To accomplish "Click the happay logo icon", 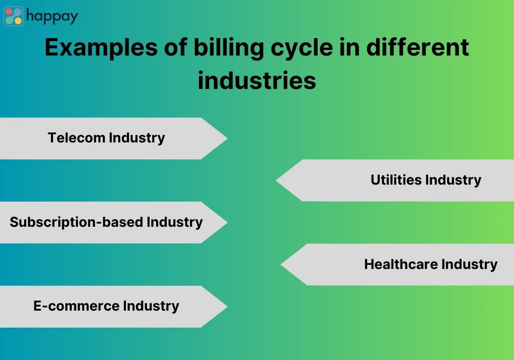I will pyautogui.click(x=14, y=16).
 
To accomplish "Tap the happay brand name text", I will pyautogui.click(x=52, y=16).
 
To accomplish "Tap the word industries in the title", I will pyautogui.click(x=257, y=81).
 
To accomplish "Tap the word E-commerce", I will pyautogui.click(x=70, y=306).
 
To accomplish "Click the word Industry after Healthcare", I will pyautogui.click(x=469, y=264).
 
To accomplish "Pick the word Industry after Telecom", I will pyautogui.click(x=137, y=138).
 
